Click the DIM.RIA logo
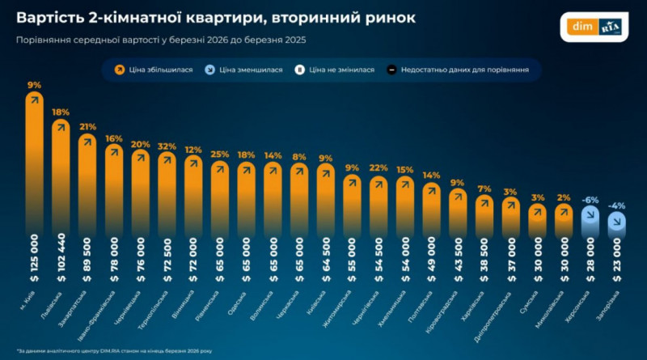click(x=597, y=27)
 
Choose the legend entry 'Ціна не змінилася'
click(x=339, y=70)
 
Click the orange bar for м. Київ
click(x=35, y=162)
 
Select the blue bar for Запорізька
click(x=616, y=225)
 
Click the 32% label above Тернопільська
click(x=167, y=146)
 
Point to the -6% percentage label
click(x=590, y=199)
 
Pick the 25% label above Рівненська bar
click(x=220, y=155)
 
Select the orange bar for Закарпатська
click(x=87, y=186)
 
